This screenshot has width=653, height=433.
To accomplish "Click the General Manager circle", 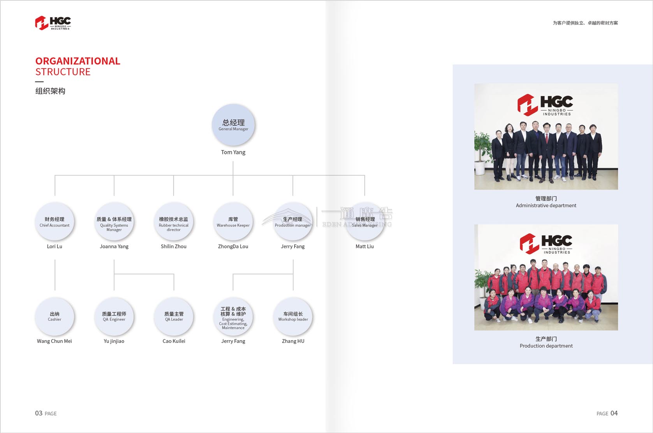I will tap(233, 125).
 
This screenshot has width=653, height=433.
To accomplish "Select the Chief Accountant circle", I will tap(55, 221).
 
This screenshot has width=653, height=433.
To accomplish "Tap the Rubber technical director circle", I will tap(174, 222).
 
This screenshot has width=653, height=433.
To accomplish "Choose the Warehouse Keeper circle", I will tap(233, 222).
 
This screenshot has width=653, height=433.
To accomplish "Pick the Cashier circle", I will tap(55, 316).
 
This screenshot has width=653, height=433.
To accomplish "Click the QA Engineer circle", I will tap(114, 316).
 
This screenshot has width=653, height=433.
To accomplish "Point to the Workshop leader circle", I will tap(293, 316).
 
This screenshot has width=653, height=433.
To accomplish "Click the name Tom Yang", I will tap(233, 152).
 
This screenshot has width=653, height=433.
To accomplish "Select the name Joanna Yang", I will tap(114, 246).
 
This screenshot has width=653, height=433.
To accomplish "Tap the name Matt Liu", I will tap(364, 246).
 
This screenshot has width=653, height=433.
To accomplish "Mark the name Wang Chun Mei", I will tap(55, 341).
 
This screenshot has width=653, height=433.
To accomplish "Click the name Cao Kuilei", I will tap(174, 341).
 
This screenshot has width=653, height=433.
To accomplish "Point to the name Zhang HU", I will tap(293, 341).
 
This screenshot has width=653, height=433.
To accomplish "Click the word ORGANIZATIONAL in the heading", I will tap(78, 61).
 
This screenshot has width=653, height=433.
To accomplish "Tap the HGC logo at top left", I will tap(53, 23).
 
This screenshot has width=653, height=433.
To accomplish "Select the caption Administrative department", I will tap(546, 205).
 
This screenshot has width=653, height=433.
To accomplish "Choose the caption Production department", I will tap(546, 346).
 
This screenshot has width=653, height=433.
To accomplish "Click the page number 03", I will tap(39, 413).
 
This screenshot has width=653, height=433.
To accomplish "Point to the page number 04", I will tap(614, 413).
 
